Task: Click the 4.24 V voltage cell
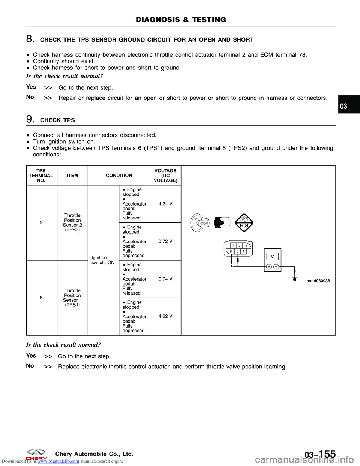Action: (165, 204)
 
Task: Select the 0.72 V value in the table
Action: (165, 242)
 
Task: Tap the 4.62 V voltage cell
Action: (165, 316)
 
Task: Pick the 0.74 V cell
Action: (165, 279)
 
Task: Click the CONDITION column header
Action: (119, 176)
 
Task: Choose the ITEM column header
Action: (72, 176)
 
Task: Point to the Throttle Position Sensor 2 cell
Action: (72, 223)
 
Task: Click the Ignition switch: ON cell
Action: (103, 260)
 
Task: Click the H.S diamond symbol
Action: (244, 223)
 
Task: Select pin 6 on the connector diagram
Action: (231, 251)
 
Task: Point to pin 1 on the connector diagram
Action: (246, 246)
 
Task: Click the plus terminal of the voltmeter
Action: (269, 267)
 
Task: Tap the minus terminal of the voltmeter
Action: (276, 267)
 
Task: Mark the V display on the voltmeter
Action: (272, 257)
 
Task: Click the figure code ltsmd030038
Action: (318, 281)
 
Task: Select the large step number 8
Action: (30, 39)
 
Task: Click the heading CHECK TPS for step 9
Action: (57, 120)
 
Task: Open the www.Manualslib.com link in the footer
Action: (58, 461)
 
